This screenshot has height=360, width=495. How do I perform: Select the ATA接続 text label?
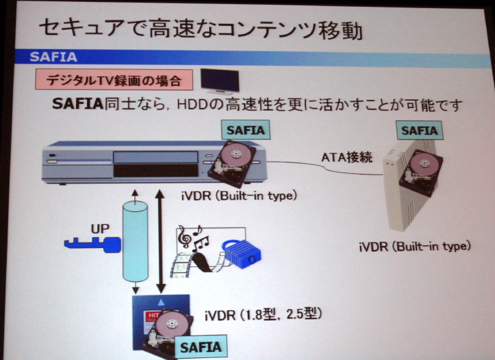click(x=346, y=158)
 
